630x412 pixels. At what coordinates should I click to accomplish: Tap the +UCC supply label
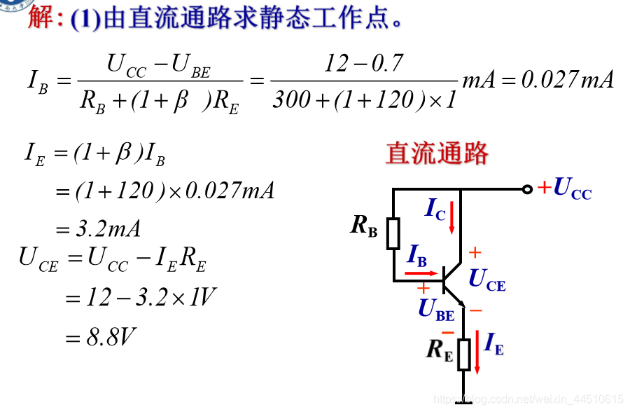click(x=564, y=188)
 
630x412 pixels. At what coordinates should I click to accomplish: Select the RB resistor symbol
click(x=393, y=233)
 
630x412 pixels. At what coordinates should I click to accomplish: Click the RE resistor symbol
click(x=463, y=355)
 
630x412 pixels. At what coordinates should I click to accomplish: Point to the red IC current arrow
click(x=452, y=217)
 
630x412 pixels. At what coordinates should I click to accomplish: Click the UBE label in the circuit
click(x=436, y=309)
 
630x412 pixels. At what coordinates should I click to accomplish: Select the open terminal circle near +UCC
click(x=527, y=189)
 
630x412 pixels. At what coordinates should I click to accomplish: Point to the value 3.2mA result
click(x=108, y=228)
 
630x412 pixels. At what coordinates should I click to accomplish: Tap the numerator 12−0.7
click(x=364, y=64)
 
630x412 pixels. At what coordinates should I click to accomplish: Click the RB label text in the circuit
click(x=364, y=226)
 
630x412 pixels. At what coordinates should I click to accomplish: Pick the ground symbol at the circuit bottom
click(x=463, y=401)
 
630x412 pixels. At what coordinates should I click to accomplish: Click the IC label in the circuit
click(x=435, y=209)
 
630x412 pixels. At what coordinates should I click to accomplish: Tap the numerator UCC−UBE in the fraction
click(x=158, y=66)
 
